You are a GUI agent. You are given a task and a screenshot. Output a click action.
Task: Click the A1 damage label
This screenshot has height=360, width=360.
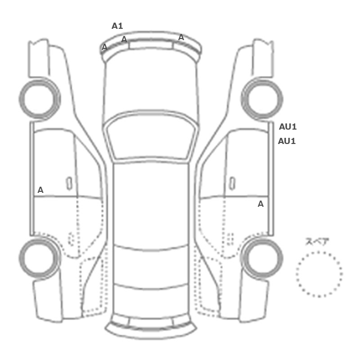pos(117,26)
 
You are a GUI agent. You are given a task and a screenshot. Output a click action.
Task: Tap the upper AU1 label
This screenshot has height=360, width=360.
pos(287,127)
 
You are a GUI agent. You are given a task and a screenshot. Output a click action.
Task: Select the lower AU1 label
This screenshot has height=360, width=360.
pos(287,141)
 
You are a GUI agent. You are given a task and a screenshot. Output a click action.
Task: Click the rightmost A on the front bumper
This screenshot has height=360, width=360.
pos(181,37)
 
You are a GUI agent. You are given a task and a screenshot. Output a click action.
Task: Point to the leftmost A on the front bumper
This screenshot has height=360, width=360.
pos(104,47)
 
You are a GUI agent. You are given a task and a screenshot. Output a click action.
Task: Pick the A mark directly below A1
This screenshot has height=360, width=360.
pos(124,39)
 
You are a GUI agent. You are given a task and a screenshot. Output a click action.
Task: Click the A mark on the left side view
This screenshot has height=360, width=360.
pos(41,190)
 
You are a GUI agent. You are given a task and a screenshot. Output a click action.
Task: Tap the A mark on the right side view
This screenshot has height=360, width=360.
pos(261,204)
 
